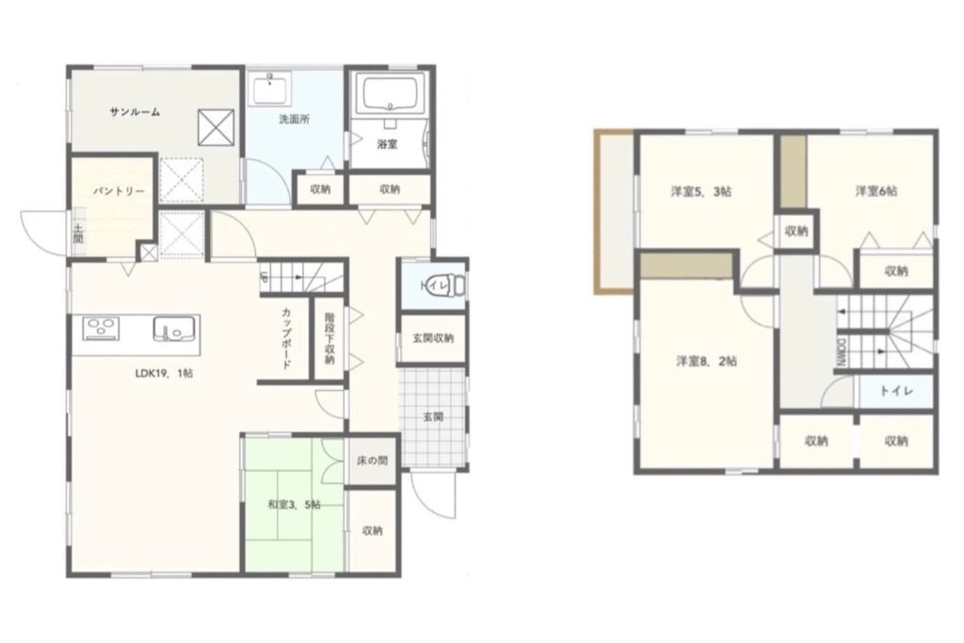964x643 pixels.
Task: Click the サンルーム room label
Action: [135, 112]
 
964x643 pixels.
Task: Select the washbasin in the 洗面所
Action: [270, 89]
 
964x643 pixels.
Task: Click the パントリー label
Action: [119, 191]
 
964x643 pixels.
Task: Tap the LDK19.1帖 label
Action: [164, 373]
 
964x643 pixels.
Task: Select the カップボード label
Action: [286, 339]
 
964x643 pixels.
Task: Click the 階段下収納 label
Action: [329, 339]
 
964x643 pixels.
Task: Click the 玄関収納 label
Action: [433, 338]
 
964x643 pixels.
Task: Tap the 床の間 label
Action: [373, 460]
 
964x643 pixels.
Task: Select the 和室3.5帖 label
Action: [294, 506]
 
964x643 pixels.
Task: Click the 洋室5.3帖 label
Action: [700, 192]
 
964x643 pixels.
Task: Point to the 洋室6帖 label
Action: [876, 191]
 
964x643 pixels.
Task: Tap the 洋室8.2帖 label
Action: [706, 362]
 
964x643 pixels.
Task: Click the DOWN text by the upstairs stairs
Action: [841, 353]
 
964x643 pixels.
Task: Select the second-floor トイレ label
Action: [896, 391]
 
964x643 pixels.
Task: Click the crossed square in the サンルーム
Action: [217, 128]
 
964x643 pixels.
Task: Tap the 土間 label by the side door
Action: [78, 233]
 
